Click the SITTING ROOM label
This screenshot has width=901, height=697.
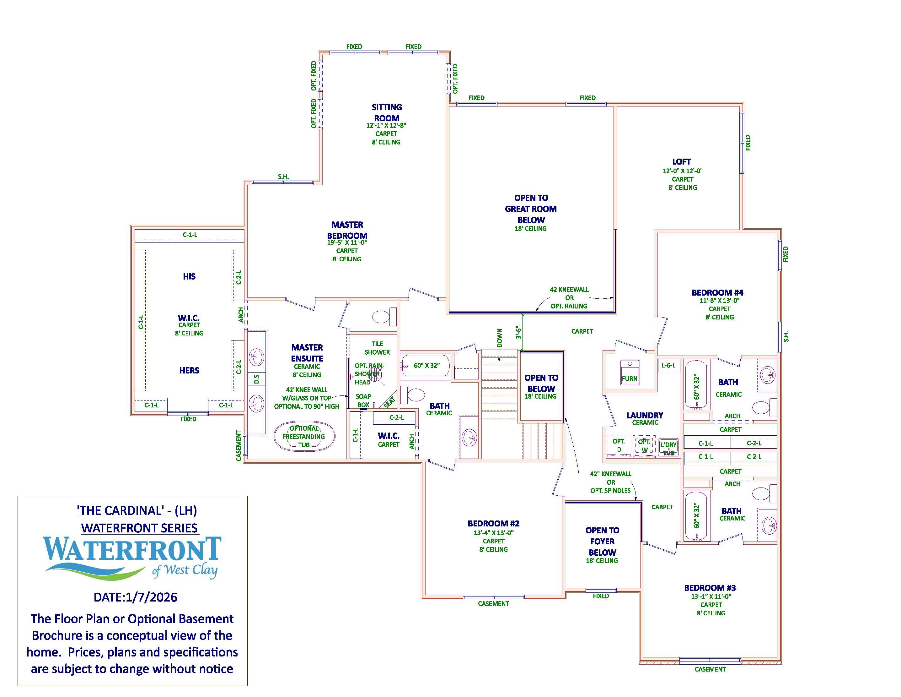coord(387,113)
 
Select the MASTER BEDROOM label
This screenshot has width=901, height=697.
coord(347,230)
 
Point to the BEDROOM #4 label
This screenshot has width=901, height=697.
coord(717,293)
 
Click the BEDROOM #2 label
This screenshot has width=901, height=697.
coord(493,524)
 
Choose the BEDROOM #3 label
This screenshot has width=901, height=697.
coord(710,588)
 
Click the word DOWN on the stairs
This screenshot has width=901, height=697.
coord(500,337)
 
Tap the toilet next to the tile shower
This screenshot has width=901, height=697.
coord(381,317)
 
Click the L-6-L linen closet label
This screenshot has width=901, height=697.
coord(668,365)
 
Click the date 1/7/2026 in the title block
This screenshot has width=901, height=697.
coord(135,597)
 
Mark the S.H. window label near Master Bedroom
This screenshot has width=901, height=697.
coord(283,177)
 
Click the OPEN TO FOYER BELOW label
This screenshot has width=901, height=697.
coord(602,541)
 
